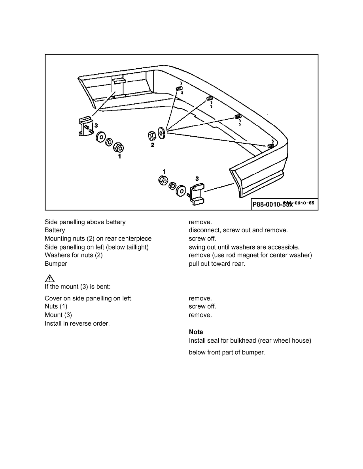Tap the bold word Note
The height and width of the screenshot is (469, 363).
click(x=196, y=332)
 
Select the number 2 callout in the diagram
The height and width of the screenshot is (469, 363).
click(x=152, y=145)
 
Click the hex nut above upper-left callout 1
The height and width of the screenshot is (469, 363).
click(x=118, y=148)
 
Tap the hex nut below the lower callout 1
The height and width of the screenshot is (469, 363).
click(x=162, y=180)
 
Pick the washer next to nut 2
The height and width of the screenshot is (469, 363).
click(x=161, y=133)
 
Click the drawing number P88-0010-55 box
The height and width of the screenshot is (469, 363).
click(x=284, y=204)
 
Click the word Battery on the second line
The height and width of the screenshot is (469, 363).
click(x=55, y=230)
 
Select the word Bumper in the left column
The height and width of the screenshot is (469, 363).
click(x=56, y=263)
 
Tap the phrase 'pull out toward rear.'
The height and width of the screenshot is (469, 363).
click(x=217, y=263)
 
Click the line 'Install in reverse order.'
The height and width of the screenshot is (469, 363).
click(x=77, y=323)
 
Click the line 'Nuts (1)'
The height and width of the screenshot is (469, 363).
click(x=56, y=306)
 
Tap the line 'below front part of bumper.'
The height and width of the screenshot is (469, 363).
click(x=227, y=352)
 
